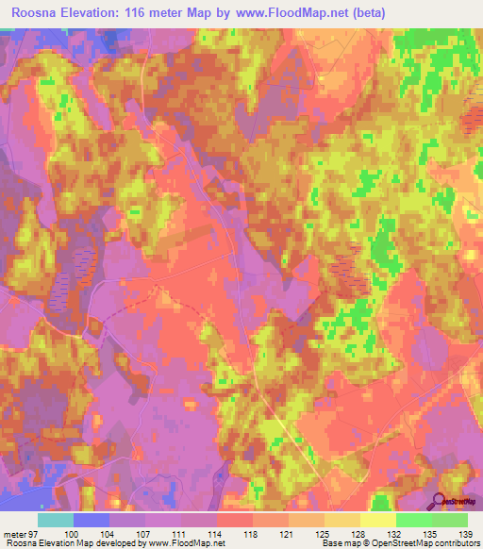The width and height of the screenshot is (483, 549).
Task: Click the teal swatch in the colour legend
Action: click(56, 520)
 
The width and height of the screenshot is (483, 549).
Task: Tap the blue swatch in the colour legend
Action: click(92, 520)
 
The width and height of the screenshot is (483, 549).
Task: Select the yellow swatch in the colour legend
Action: click(378, 520)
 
